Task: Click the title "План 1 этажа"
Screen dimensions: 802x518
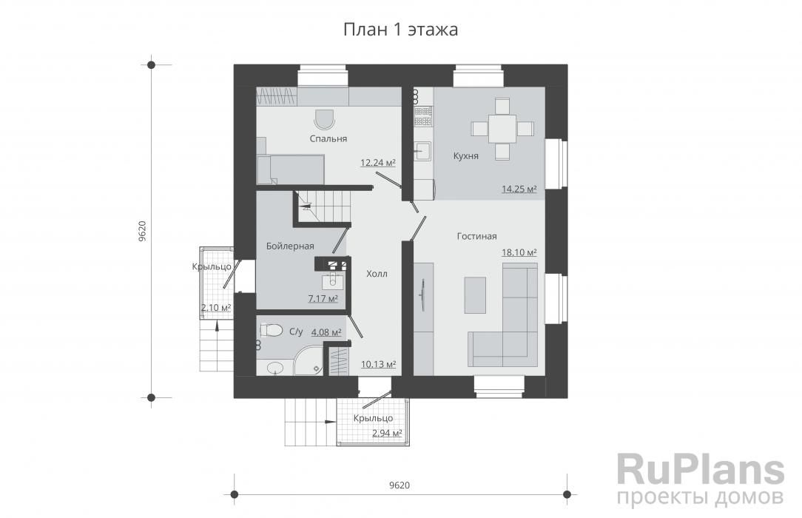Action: tap(400, 30)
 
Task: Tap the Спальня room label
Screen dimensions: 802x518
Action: tap(328, 138)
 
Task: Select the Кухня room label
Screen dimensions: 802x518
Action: tap(466, 156)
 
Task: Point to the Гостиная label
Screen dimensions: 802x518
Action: tap(476, 236)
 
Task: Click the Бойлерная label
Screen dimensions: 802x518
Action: tap(290, 246)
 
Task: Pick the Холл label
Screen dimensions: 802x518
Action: tap(377, 274)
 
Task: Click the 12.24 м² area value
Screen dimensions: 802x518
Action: tap(378, 163)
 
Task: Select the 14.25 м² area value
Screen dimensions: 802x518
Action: tap(519, 189)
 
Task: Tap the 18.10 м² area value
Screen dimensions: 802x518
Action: tap(519, 252)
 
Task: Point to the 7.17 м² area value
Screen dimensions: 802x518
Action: tap(323, 299)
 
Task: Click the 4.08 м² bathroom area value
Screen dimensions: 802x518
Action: tap(326, 332)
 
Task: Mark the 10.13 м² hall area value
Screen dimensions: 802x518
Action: tap(379, 365)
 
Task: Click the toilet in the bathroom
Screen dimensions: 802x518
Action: tap(271, 330)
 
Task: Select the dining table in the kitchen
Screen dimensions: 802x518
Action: tap(502, 128)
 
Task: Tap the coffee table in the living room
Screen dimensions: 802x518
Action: tap(475, 295)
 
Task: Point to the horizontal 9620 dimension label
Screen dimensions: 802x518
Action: tap(399, 485)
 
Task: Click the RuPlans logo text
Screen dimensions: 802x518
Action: tap(700, 469)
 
